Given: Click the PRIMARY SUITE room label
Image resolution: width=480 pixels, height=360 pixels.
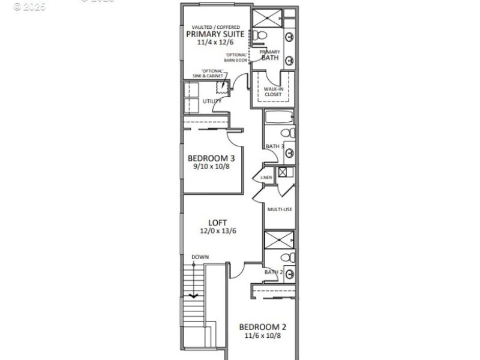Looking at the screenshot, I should tap(215, 34).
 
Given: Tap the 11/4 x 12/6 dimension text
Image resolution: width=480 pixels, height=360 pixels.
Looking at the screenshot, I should tap(215, 43).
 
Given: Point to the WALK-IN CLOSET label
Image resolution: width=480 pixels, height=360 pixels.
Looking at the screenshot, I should tap(274, 92).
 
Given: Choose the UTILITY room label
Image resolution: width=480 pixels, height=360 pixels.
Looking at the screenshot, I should tap(212, 101).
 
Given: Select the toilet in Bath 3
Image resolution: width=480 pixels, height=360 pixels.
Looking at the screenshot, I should tap(287, 133).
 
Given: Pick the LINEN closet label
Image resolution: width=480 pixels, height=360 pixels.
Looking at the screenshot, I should tap(266, 178).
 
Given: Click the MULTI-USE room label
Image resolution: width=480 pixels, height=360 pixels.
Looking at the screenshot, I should tap(280, 209).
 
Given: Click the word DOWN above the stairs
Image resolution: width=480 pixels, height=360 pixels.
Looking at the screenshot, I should tap(200, 257).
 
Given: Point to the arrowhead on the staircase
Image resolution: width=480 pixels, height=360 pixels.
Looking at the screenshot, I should tap(194, 296).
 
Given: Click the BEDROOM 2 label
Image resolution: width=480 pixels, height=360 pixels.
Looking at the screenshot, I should tap(263, 327).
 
